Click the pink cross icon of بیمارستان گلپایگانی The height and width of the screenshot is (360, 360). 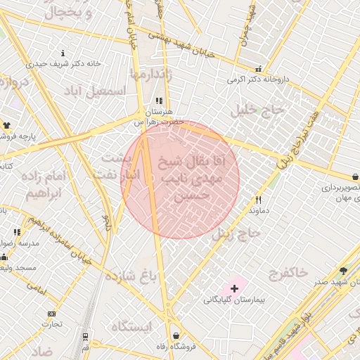234,288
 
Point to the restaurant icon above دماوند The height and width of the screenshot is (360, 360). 257,200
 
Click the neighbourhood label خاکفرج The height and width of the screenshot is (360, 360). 289,273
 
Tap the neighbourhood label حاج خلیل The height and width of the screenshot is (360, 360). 261,110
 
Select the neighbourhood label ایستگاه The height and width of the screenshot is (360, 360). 130,327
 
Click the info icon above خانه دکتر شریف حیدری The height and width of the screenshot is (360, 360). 63,53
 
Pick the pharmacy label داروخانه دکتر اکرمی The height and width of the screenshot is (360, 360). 258,79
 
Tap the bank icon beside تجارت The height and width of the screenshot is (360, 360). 51,314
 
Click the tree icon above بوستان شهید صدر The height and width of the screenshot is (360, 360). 343,271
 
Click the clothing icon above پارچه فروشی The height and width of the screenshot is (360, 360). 8,125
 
